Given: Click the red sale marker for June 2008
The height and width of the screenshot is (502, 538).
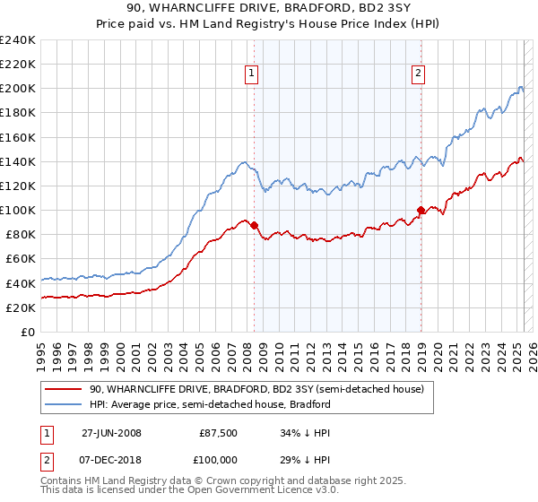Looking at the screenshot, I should [x=254, y=225].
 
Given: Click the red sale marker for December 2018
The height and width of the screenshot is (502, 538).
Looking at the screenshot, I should [x=421, y=210].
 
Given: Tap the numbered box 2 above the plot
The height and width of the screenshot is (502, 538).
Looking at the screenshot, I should [x=419, y=74].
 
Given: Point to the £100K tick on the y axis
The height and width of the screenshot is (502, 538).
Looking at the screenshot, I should [x=18, y=210].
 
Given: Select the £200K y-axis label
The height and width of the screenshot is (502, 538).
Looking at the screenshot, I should [x=18, y=89].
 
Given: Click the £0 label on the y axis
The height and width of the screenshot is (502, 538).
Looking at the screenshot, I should [x=27, y=332].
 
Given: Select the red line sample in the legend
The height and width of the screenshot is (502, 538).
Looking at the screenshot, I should [x=64, y=388].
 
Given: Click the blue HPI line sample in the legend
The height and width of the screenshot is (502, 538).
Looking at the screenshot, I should [x=64, y=404].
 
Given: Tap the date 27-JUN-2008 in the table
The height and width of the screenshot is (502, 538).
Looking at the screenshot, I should [x=111, y=433].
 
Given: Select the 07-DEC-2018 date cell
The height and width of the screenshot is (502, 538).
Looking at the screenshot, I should [x=111, y=461].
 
